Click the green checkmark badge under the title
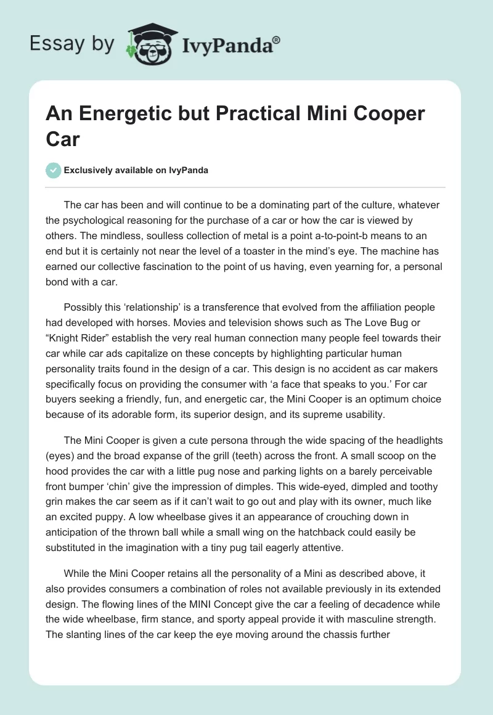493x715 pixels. [x=54, y=170]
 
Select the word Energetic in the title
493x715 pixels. [x=123, y=114]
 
